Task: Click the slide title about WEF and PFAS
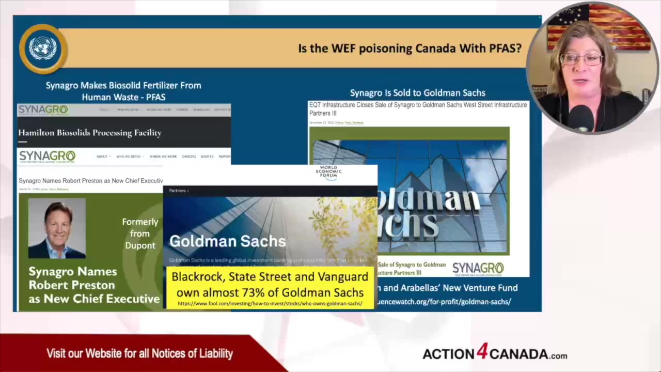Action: pos(410,49)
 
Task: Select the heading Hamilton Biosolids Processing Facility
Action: pos(90,133)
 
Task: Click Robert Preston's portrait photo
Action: pos(57,228)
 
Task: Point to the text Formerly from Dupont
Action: pos(140,234)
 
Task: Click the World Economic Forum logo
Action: pos(328,173)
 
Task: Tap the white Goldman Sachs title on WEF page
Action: pos(227,241)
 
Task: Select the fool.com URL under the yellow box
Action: pos(270,303)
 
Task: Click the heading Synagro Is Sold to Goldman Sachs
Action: pos(417,93)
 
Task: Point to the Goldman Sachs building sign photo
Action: pos(409,191)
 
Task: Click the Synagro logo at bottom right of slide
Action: pos(478,268)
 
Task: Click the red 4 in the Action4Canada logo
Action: pos(481,352)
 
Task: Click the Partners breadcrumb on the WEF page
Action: pos(177,191)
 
